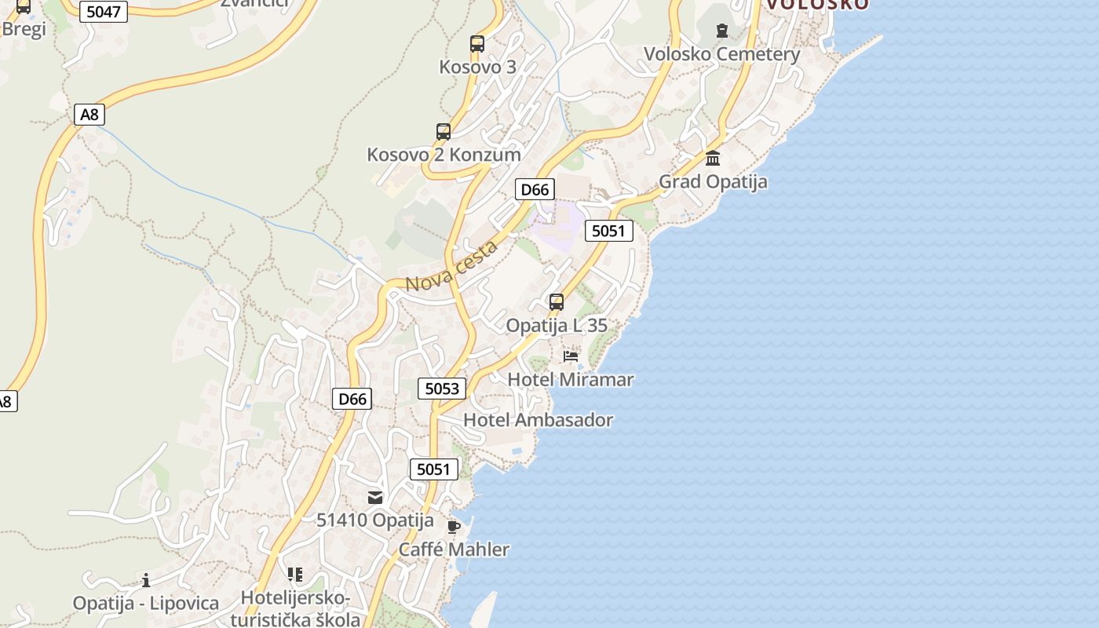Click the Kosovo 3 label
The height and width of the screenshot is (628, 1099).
477,67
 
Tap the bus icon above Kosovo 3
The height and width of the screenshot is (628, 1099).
477,44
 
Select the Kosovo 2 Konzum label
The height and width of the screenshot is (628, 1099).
444,155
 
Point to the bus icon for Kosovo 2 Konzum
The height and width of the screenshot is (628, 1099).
444,132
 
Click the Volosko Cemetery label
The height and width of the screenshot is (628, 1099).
721,54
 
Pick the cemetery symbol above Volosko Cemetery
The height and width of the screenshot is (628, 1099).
721,31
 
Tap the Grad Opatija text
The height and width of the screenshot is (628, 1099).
713,181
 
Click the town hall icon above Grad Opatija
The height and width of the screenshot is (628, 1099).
713,159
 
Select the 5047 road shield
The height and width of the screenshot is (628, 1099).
103,13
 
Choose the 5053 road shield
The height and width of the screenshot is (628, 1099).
442,388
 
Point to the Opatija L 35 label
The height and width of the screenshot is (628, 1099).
557,325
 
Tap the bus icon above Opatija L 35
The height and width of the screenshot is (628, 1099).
557,302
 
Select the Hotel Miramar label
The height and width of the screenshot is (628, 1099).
571,380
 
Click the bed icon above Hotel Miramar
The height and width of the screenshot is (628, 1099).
571,356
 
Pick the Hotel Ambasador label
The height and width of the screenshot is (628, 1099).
538,420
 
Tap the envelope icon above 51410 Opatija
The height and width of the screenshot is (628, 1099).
375,497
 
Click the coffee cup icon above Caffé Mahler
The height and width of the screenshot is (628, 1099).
454,527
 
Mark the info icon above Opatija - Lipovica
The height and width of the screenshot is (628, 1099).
146,580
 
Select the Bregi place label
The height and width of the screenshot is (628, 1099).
24,29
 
